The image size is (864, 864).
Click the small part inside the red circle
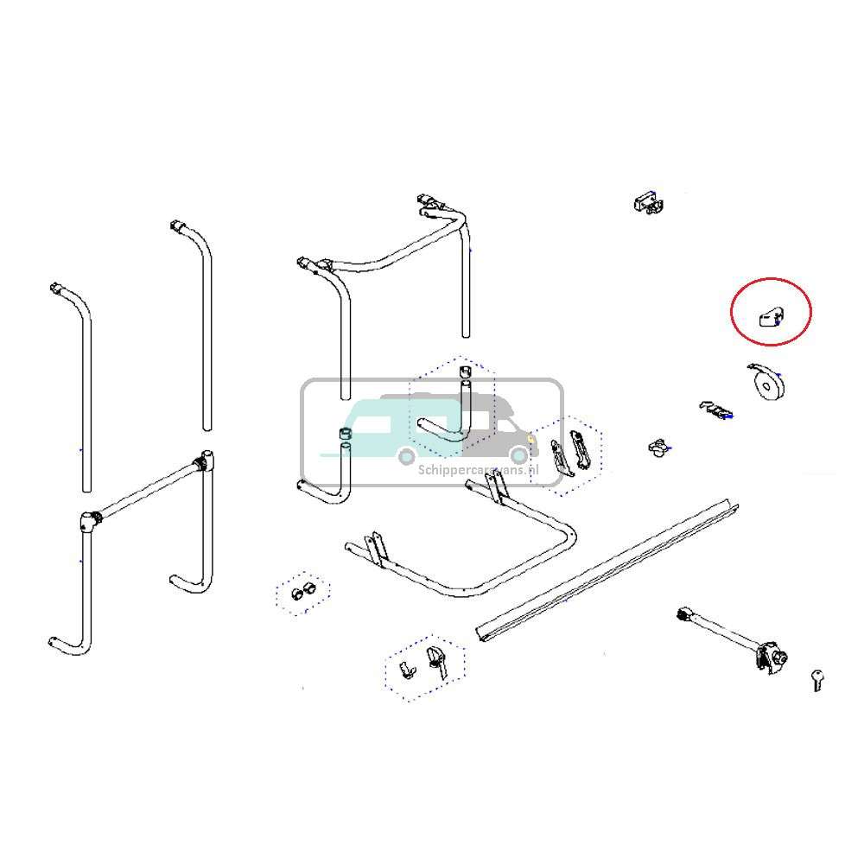pos(769,317)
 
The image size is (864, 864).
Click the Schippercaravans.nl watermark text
pos(478,470)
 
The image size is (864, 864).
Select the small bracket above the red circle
pos(649,204)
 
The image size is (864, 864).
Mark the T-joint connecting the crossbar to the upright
pos(206,460)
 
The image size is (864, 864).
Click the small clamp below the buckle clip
pos(659,447)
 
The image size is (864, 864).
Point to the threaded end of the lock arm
pos(685,614)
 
